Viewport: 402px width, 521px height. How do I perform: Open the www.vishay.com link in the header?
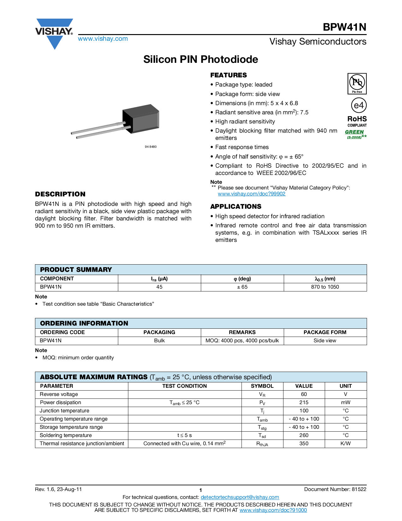pos(103,39)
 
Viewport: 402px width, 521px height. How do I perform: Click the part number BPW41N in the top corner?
pos(344,27)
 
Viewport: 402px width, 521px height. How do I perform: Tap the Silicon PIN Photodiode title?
pos(201,59)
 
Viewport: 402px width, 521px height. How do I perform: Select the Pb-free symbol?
pos(357,83)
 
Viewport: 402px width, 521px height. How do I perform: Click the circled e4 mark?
pos(358,105)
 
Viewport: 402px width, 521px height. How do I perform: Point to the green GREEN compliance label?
pos(354,132)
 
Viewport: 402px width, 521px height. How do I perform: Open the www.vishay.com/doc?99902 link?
pos(251,194)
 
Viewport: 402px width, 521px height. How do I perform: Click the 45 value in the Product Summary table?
pos(160,287)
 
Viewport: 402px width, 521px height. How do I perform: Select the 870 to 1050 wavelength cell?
pos(325,287)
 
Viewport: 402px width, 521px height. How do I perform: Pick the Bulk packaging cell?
pos(160,341)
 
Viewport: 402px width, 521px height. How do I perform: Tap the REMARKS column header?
pos(242,332)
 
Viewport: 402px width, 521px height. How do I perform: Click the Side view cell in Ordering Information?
pos(325,341)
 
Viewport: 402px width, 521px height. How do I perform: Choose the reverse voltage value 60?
pos(304,394)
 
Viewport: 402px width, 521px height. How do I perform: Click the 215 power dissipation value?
pos(304,403)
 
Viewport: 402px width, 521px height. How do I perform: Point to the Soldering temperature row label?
pos(66,435)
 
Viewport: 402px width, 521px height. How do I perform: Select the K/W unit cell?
pos(346,444)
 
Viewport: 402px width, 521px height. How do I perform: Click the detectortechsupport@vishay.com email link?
pos(240,497)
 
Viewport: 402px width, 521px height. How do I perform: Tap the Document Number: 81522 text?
pos(335,489)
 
